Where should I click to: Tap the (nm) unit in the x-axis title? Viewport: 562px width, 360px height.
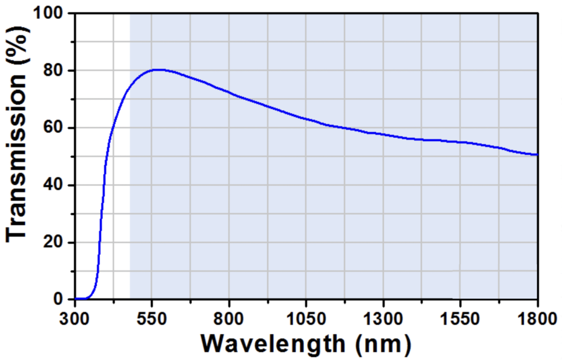coord(383,344)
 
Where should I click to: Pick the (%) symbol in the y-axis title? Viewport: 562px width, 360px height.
coord(18,47)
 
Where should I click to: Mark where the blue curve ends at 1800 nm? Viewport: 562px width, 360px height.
coord(537,154)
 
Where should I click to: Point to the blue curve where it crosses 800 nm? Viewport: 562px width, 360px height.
coord(229,92)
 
